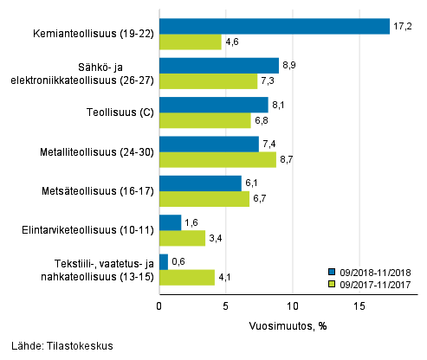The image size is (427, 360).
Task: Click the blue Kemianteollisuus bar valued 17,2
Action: point(274,27)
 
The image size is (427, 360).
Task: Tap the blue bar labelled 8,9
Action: point(218,66)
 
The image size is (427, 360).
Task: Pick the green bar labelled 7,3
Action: point(208,81)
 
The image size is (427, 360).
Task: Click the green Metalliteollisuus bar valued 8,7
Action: point(217,159)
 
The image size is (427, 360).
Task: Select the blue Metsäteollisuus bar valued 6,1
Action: point(200,183)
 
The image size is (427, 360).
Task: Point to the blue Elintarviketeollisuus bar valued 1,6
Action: point(170,222)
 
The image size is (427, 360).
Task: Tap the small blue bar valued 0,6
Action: point(164,261)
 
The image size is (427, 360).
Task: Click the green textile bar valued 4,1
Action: point(186,277)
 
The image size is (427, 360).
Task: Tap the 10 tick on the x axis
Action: point(292,306)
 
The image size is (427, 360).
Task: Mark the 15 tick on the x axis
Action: point(359,306)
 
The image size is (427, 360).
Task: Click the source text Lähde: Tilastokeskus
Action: point(57,347)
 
